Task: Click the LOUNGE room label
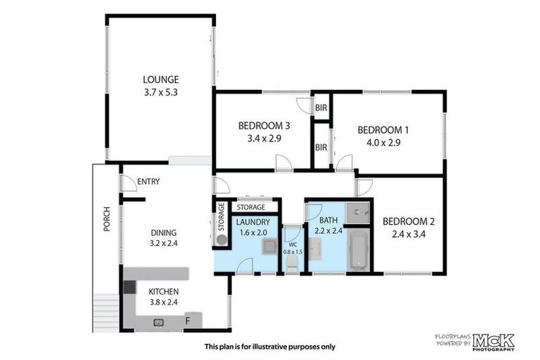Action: [x=161, y=79]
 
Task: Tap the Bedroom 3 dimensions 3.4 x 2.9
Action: [x=264, y=139]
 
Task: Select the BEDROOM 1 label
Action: [x=383, y=130]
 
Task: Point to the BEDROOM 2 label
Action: [x=408, y=221]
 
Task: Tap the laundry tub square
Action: [x=268, y=246]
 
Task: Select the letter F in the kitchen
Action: [x=187, y=322]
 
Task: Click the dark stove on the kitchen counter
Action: [x=129, y=287]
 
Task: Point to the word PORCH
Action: [x=106, y=219]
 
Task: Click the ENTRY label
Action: [x=148, y=181]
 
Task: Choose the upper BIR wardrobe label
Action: [x=321, y=108]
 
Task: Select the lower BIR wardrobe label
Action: [x=321, y=148]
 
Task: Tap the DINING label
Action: [x=164, y=233]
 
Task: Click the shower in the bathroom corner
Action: [x=359, y=212]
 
